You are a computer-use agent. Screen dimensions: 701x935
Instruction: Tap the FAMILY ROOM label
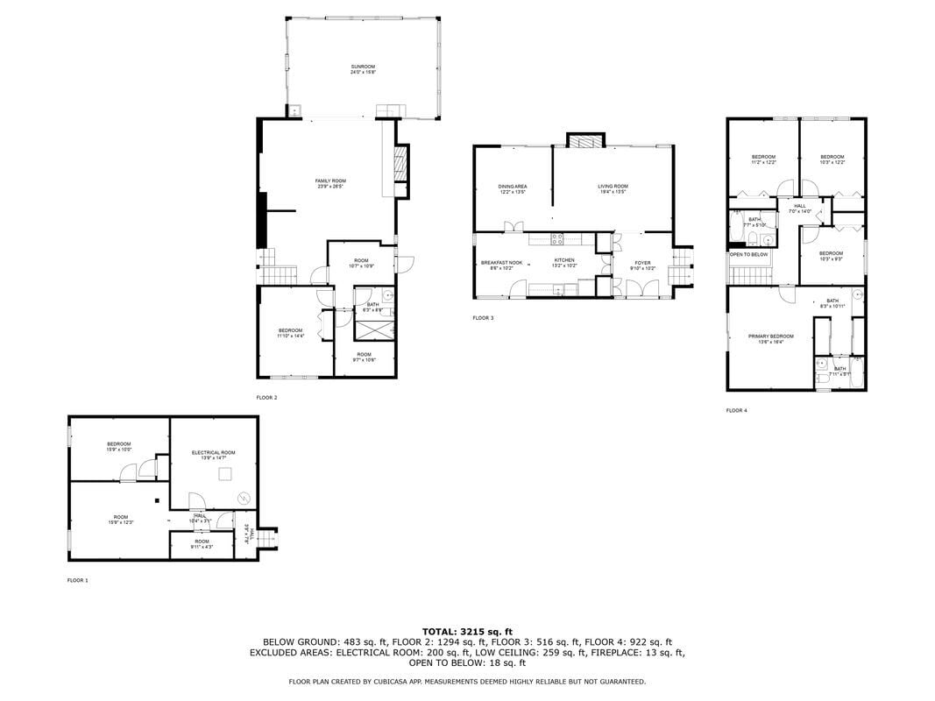[330, 181]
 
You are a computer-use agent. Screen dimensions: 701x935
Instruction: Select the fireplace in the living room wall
[585, 141]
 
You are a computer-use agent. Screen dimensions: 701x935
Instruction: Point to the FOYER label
[642, 262]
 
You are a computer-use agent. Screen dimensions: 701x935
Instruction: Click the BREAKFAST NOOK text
[501, 262]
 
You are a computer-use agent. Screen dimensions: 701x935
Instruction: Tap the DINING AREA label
[513, 186]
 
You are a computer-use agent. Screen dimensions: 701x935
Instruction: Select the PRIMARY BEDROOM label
[770, 336]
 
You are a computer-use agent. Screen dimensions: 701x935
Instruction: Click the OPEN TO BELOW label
[749, 254]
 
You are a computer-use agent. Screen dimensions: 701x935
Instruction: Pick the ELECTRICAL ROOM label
[213, 452]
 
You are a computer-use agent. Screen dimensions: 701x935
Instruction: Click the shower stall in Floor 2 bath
[373, 330]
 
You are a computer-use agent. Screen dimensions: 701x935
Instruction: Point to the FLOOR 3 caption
[483, 318]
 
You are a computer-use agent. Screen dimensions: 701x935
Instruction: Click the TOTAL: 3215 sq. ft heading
[467, 631]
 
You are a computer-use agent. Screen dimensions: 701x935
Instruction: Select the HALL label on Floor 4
[800, 206]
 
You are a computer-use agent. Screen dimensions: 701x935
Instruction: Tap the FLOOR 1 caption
[78, 580]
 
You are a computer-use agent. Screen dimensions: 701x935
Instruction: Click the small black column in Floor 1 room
[155, 500]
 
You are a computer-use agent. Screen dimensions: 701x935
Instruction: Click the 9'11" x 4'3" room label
[202, 544]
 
